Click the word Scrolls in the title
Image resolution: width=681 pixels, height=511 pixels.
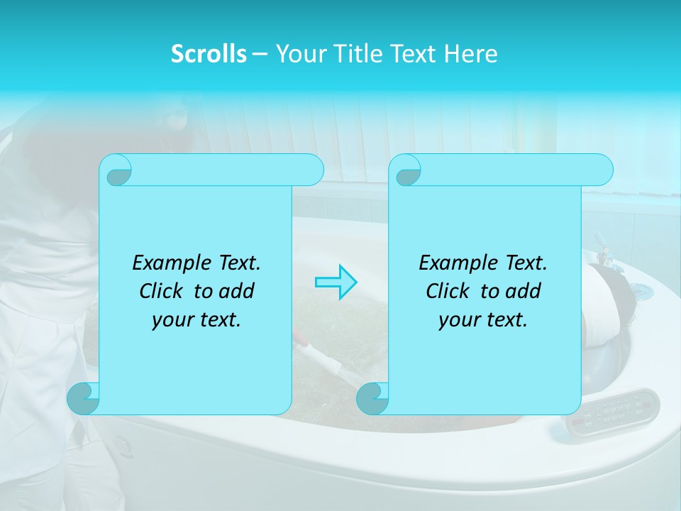(209, 54)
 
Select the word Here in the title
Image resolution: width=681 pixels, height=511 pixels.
(470, 54)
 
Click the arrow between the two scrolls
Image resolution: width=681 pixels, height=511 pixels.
(336, 282)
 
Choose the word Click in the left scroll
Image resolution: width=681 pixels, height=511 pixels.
(162, 291)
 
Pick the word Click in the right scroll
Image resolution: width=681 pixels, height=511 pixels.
(449, 291)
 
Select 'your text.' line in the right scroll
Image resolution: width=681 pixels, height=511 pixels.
(483, 320)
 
